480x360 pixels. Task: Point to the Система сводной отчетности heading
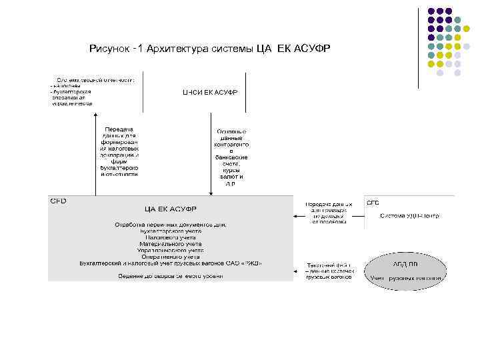(95, 79)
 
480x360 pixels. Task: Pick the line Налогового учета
(170, 237)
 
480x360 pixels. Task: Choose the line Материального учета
(170, 243)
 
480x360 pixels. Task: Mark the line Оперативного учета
(170, 256)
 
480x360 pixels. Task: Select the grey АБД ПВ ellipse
(405, 270)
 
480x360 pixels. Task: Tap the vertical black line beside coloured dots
(419, 47)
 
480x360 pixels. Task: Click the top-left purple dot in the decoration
(431, 12)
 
